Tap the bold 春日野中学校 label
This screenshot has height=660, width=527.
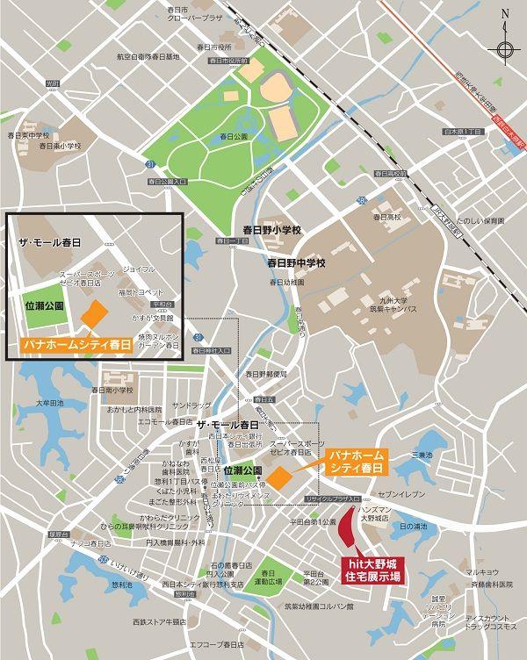click(x=297, y=262)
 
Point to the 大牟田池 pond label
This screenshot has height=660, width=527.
click(x=49, y=403)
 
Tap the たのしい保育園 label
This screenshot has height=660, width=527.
click(x=480, y=221)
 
